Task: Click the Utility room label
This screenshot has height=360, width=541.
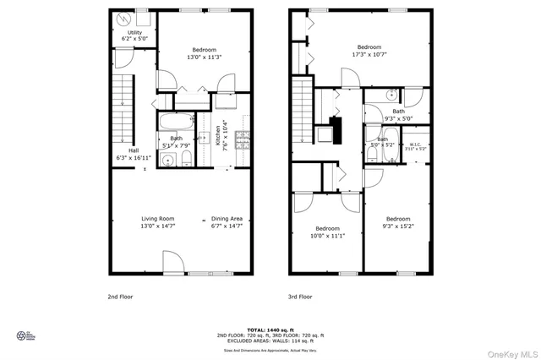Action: pos(135,33)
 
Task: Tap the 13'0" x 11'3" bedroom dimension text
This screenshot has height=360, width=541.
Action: pos(204,57)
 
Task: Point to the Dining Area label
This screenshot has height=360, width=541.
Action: pos(227,219)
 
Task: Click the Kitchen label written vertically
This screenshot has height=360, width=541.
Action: pos(217,135)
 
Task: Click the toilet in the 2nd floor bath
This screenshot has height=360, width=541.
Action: pos(165,159)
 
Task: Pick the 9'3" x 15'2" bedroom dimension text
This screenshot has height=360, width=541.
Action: pos(398,226)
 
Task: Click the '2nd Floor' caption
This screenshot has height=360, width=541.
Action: pos(120,297)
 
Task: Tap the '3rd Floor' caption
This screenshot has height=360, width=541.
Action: pos(300,297)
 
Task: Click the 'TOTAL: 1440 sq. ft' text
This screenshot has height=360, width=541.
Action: pos(270,329)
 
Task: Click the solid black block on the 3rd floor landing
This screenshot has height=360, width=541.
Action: pos(336,131)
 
